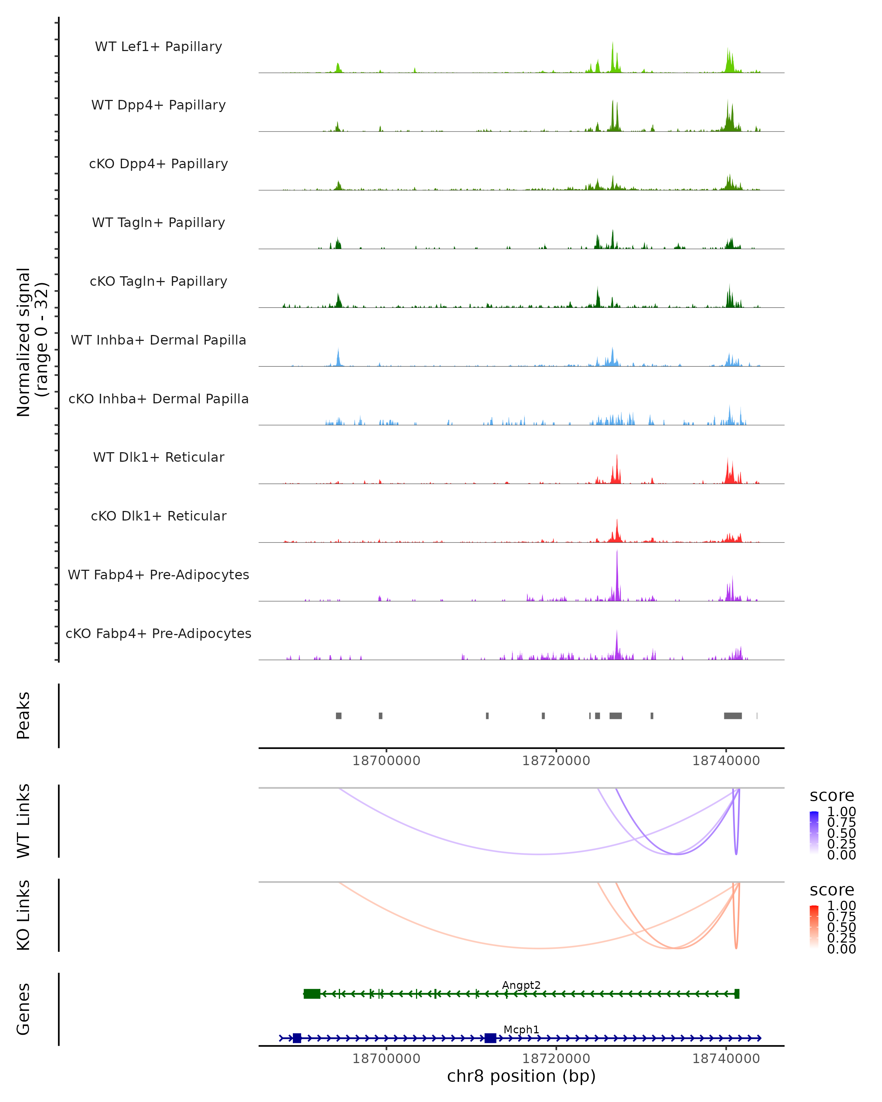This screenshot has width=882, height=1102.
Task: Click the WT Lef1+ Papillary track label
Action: [x=158, y=47]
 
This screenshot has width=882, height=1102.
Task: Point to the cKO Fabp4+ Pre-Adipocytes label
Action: [x=158, y=633]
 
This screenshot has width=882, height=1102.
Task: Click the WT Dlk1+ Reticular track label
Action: [x=158, y=457]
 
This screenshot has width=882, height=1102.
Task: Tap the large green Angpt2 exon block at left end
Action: [x=312, y=994]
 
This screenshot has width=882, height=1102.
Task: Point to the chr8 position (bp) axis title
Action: [x=521, y=1076]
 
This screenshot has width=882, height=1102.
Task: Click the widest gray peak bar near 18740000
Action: [x=733, y=716]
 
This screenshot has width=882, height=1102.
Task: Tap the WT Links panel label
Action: [x=24, y=821]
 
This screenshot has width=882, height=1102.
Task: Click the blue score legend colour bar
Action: [x=814, y=833]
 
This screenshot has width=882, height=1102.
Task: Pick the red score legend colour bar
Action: [x=814, y=927]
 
